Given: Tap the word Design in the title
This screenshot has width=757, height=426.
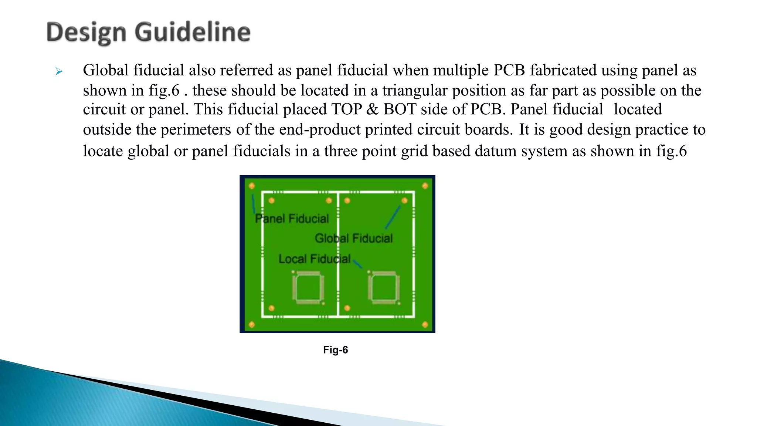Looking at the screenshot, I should click(x=86, y=33).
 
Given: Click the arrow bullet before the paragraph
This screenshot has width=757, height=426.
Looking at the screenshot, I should click(x=59, y=71).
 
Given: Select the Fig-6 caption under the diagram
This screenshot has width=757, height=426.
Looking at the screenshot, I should click(x=335, y=350).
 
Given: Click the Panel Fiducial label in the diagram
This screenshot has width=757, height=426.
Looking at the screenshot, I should click(x=292, y=219).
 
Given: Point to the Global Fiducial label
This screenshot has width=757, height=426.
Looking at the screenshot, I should click(x=354, y=238).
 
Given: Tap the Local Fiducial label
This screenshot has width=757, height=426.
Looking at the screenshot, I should click(x=314, y=259).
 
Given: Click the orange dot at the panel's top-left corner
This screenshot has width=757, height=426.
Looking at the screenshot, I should click(x=252, y=186).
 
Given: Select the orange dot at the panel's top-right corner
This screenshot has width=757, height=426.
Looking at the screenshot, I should click(x=425, y=186).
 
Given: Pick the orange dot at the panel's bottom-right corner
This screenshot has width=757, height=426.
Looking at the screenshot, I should click(x=425, y=325).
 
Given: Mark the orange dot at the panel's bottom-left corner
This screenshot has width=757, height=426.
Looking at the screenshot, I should click(x=252, y=325).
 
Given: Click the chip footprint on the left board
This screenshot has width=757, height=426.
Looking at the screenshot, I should click(x=308, y=288).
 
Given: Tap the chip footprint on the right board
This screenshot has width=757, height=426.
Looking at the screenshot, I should click(x=384, y=288).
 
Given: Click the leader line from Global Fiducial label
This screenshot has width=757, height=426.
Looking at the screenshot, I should click(x=393, y=217).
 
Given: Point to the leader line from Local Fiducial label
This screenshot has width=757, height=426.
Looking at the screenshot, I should click(x=357, y=264).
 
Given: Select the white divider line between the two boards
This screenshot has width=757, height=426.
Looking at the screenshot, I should click(x=338, y=255).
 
